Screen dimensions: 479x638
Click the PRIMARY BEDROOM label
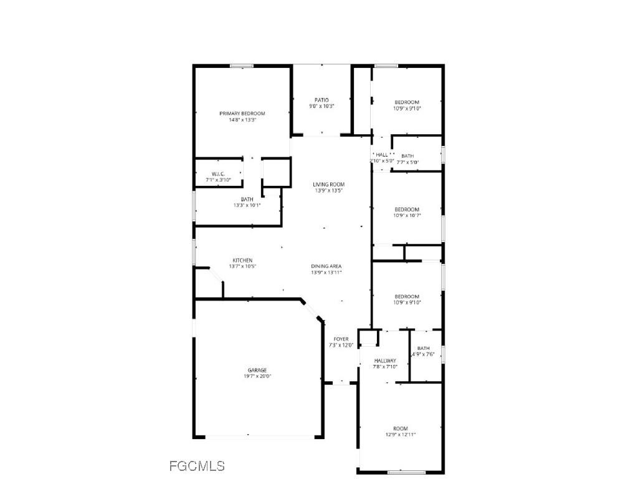pos(242,114)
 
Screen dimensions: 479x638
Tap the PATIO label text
pos(321,100)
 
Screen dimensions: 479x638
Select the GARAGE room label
pos(257,370)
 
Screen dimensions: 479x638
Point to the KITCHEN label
pos(242,260)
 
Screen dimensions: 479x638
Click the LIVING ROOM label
pos(328,184)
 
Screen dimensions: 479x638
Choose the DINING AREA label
pos(326,266)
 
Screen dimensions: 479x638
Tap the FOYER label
pos(341,339)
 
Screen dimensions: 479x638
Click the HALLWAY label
pos(385,360)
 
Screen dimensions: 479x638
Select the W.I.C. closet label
pos(218,174)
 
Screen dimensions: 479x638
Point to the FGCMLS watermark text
pos(197,466)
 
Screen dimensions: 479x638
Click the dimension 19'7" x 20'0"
pos(257,376)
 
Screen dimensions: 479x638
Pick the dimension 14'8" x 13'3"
pos(242,120)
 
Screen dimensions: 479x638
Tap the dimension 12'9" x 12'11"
pos(401,435)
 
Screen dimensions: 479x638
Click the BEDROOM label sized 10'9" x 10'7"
pos(407,210)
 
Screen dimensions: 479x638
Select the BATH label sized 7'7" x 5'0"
pos(407,156)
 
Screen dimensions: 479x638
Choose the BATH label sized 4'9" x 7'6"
pos(424,348)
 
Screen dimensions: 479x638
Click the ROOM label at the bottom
pos(401,428)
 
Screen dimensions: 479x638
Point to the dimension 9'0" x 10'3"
pos(321,106)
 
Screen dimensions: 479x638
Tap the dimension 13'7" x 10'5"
pos(242,266)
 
